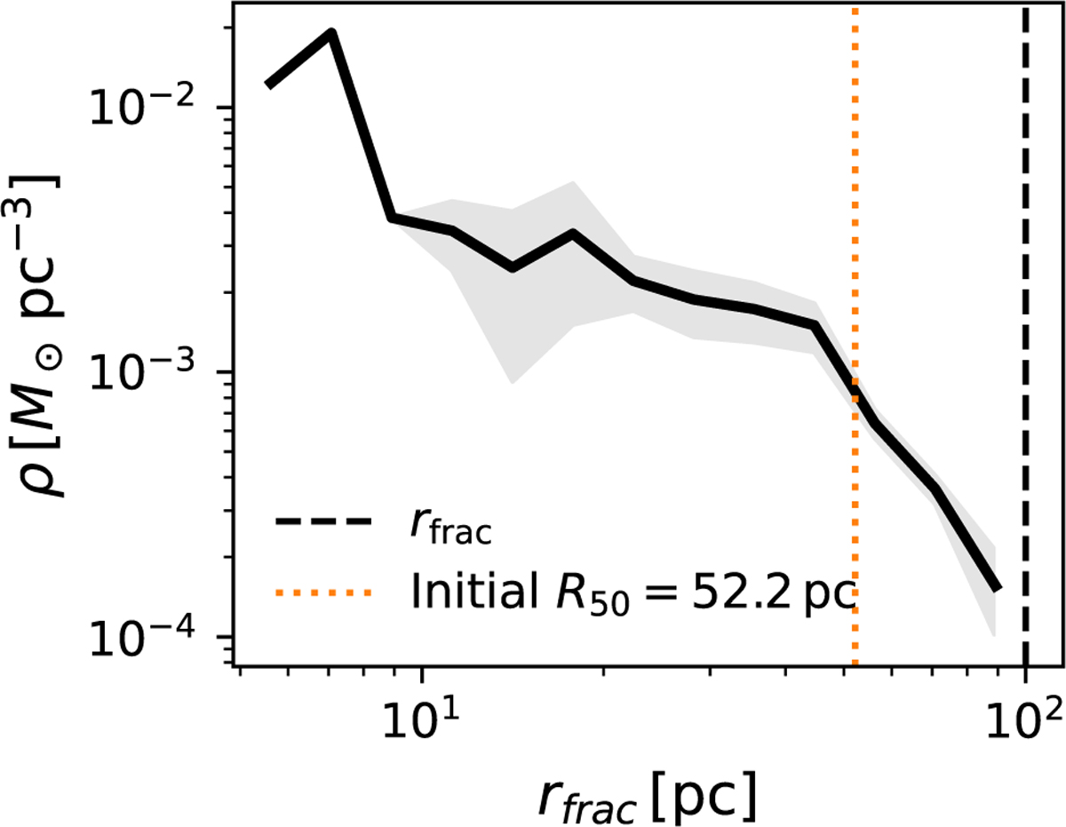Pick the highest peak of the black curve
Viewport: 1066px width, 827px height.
click(331, 33)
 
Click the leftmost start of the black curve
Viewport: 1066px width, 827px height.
click(267, 85)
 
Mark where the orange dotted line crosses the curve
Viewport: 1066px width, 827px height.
click(855, 392)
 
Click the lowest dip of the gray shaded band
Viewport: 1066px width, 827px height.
click(512, 383)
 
